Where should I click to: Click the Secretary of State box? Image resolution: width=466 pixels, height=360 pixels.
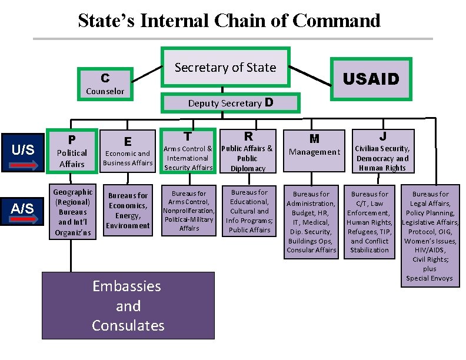tap(225, 67)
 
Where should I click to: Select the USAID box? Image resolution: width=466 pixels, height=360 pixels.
tap(371, 79)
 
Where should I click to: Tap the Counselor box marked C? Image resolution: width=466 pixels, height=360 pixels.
tap(105, 83)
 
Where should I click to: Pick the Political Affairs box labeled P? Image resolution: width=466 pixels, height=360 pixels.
tap(72, 152)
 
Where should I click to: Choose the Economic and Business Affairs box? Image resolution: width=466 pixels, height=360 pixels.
tap(128, 152)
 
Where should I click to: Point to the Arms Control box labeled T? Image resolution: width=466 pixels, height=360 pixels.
tap(188, 151)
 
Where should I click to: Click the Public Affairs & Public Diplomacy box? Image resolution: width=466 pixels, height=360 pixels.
tap(248, 151)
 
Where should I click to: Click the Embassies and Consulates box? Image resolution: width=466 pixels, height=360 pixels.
tap(128, 306)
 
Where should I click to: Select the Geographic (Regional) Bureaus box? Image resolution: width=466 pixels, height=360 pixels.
tap(72, 211)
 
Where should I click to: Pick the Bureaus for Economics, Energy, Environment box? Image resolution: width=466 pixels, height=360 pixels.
tap(128, 211)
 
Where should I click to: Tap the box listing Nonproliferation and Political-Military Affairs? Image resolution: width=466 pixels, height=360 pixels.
tap(189, 210)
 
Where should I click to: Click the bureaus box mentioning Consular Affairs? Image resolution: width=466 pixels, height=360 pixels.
tap(311, 222)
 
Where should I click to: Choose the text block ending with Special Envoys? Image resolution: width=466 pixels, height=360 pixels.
tap(430, 235)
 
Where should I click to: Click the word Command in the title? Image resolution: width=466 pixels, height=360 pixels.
tap(337, 21)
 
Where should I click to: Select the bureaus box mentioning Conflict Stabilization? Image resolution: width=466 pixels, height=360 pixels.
tap(370, 222)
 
